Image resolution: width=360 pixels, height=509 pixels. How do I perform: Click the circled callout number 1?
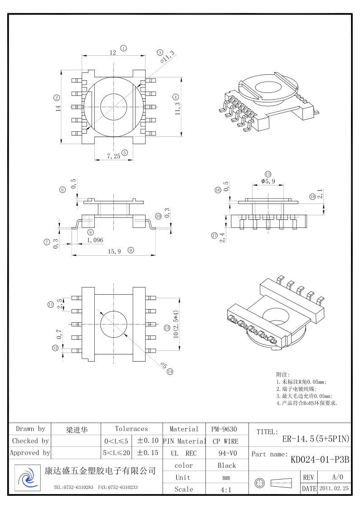[123, 48]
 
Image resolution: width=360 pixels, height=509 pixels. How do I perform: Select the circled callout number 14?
[170, 372]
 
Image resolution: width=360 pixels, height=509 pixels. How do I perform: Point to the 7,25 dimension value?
[113, 156]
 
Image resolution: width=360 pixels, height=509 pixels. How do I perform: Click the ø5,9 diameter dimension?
[268, 181]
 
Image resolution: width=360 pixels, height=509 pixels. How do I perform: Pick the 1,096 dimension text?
[95, 240]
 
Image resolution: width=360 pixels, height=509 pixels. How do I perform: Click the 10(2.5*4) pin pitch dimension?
[175, 324]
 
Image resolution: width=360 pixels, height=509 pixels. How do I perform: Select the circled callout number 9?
[131, 250]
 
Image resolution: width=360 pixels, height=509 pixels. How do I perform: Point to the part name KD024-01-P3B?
[320, 460]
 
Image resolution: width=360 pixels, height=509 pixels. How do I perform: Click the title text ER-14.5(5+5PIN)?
[316, 439]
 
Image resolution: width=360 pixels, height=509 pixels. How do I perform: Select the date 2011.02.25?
[334, 489]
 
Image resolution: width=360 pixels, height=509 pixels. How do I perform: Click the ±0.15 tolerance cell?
[147, 453]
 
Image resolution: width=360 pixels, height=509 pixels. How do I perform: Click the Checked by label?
[30, 441]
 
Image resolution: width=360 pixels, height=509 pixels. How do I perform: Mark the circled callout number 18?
[312, 196]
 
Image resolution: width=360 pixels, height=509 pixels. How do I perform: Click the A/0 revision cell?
[337, 477]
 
